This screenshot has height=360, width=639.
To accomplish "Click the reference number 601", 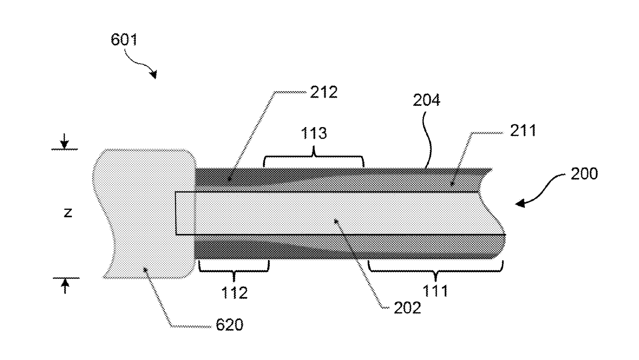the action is coord(124,40).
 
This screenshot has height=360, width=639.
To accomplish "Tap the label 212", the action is coord(324,92).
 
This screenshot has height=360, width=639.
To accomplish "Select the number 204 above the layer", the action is coord(427,100).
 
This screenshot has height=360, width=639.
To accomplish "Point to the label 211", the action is coord(523,130).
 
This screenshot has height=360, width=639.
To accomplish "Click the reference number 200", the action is coord(584,174).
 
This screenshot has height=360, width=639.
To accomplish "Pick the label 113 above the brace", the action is coord(314,133).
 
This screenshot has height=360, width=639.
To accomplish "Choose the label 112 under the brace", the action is coord(234,293).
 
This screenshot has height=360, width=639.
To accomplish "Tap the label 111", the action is coord(435,290).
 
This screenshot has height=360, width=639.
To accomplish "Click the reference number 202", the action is coord(407,308).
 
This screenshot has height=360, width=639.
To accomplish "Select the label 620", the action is coord(229,325).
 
